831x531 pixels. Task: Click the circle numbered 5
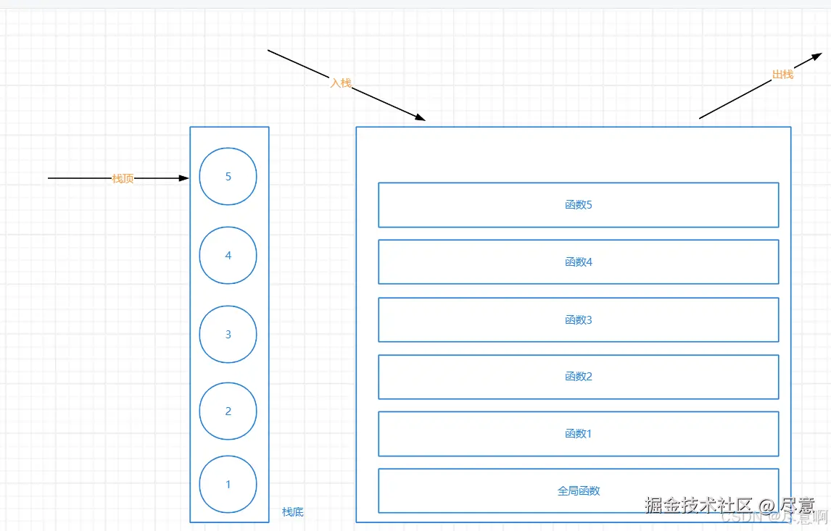pos(228,177)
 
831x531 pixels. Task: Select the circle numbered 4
pos(228,256)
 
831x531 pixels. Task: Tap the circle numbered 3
pos(228,334)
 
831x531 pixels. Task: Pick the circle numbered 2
pos(228,411)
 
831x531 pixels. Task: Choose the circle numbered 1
pos(228,484)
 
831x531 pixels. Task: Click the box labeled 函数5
pos(578,205)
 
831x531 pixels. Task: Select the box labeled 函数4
pos(578,262)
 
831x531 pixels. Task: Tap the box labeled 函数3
pos(578,319)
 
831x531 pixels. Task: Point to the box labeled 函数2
pos(578,377)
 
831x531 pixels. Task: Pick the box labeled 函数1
pos(578,434)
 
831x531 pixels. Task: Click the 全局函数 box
pos(578,491)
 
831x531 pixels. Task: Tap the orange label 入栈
pos(341,83)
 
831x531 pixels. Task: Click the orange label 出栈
pos(782,75)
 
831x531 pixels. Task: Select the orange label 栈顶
pos(123,178)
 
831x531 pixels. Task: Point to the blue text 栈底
pos(293,512)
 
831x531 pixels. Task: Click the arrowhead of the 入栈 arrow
pos(421,117)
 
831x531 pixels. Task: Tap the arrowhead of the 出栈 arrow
pos(817,57)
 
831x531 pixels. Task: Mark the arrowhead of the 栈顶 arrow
pos(184,177)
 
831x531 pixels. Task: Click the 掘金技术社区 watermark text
pos(698,505)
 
